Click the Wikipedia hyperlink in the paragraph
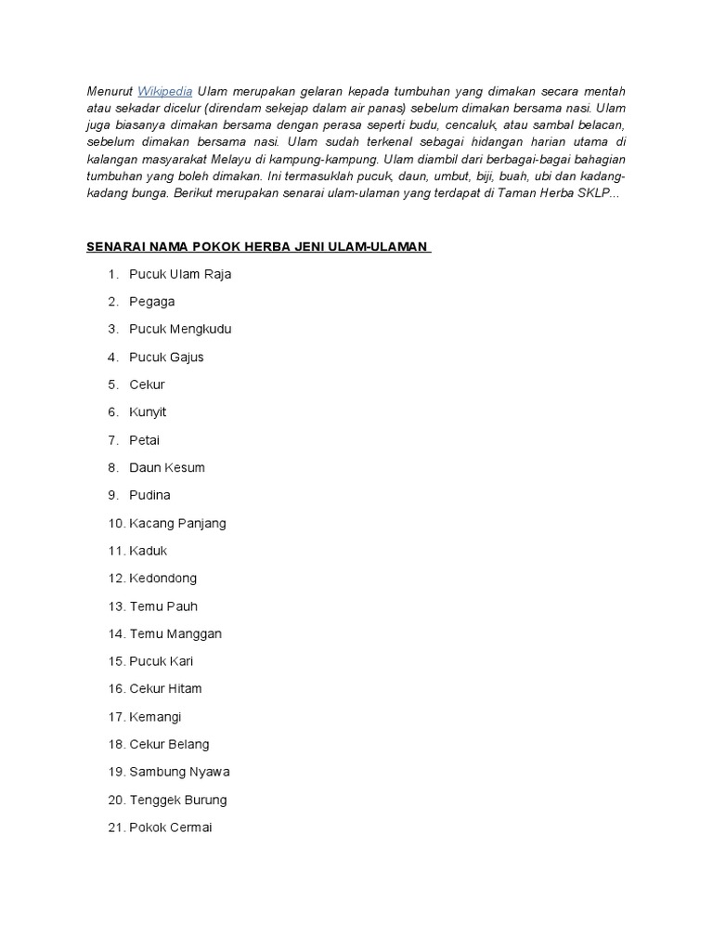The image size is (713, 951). [165, 91]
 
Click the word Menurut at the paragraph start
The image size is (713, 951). [110, 91]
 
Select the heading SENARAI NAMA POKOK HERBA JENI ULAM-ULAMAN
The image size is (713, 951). [258, 246]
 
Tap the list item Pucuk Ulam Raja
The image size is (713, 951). [180, 274]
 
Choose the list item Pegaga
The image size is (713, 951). [152, 302]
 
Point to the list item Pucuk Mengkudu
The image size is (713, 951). [180, 329]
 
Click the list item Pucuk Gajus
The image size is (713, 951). [166, 357]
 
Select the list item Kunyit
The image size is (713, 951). [148, 411]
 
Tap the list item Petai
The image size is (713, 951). [145, 439]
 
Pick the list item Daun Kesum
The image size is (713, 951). [167, 467]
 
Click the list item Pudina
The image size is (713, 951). [149, 495]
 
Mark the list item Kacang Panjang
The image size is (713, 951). [177, 523]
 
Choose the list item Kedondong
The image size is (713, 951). [163, 578]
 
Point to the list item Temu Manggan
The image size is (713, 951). [175, 633]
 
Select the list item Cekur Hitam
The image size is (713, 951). [165, 688]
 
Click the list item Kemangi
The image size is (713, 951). [156, 716]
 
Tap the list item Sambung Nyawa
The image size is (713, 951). [179, 772]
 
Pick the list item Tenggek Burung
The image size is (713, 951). [178, 800]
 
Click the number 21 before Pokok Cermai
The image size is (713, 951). [116, 827]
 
